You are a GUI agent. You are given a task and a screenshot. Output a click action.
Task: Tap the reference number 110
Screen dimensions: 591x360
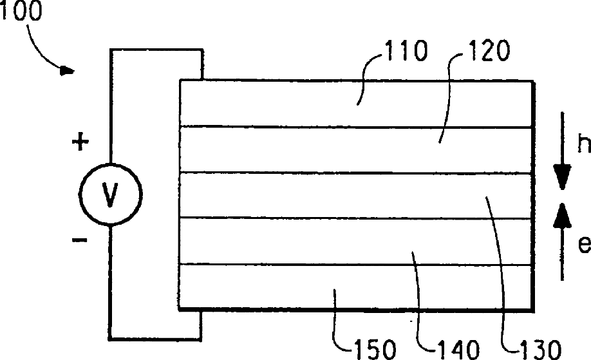coord(406,52)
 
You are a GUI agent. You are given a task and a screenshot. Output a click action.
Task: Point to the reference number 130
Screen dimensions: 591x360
coord(534,348)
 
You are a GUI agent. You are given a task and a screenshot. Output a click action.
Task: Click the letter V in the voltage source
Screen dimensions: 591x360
coord(109,194)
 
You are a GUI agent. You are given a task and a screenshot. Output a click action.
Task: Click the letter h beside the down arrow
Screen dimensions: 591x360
coord(583,145)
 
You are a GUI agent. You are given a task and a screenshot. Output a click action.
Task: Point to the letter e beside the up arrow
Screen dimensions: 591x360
coord(583,245)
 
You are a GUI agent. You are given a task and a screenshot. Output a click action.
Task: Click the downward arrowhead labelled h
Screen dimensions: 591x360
coord(562,177)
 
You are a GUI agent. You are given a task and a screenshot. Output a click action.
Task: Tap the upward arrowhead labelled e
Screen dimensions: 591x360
coord(562,216)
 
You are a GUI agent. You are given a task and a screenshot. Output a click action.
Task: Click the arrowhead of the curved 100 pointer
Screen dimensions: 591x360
coord(67,71)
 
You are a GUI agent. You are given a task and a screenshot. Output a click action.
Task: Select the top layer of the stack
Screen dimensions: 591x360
coord(290,103)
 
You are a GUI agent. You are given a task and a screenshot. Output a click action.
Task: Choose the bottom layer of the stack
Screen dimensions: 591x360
coord(258,287)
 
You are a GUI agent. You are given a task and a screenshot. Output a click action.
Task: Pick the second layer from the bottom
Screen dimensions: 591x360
coord(290,241)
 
